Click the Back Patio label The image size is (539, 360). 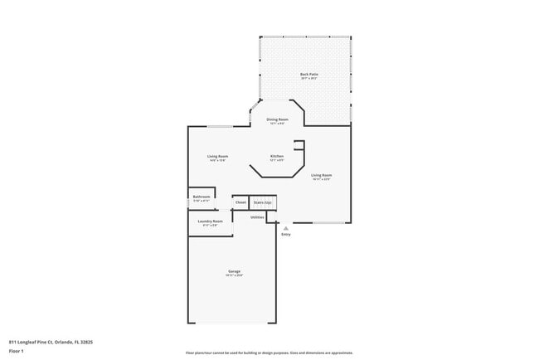(309, 75)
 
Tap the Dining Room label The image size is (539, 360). (277, 119)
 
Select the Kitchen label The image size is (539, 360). (277, 156)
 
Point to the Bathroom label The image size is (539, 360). (202, 197)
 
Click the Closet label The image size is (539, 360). (240, 202)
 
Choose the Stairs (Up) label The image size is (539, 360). (263, 202)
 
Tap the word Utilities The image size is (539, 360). (257, 216)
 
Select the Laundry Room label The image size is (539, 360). (210, 221)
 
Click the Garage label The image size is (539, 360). (235, 271)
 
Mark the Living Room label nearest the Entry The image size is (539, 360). (321, 175)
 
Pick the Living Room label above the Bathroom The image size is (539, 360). (217, 156)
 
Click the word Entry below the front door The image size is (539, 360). (286, 235)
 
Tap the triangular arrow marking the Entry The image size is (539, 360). (286, 226)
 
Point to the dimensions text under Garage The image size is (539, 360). (235, 275)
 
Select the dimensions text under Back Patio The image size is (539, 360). (309, 79)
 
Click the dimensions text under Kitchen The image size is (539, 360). (277, 160)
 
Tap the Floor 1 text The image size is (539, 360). (17, 351)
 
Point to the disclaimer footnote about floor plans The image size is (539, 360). (269, 353)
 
